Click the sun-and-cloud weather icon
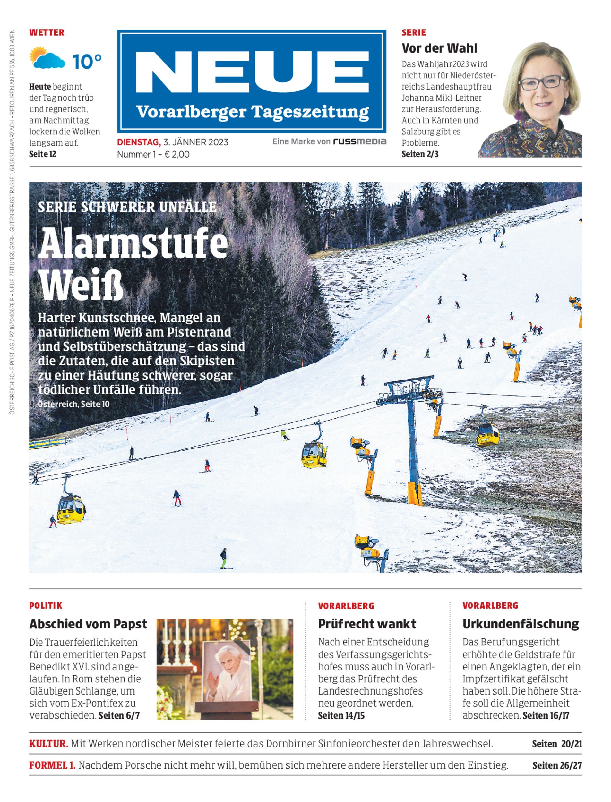point(47,58)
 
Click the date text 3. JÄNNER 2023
point(196,142)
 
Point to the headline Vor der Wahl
point(439,48)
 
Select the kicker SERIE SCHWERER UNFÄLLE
point(127,207)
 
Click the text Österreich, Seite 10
point(73,404)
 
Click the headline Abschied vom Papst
point(88,624)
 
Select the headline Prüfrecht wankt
point(367,624)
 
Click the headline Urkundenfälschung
point(521,624)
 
